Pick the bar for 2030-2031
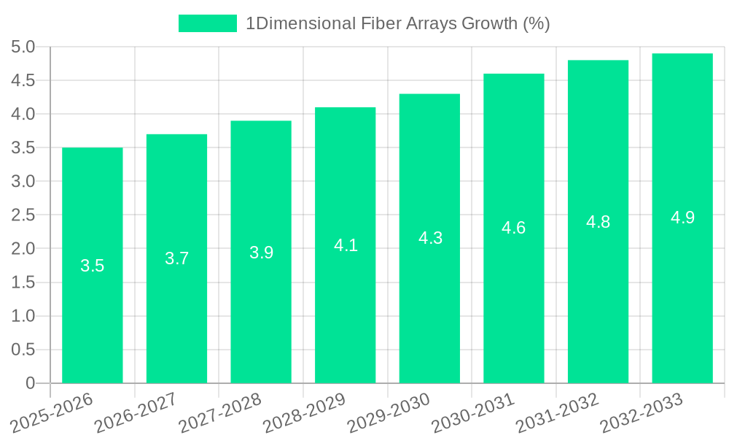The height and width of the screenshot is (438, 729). coord(513,307)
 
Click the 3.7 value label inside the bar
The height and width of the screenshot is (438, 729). coord(176,258)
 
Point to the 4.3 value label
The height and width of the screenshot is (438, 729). coord(430,238)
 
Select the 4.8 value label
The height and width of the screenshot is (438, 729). coord(599,222)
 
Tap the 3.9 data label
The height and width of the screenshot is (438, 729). coord(261,253)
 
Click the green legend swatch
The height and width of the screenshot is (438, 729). coord(208,23)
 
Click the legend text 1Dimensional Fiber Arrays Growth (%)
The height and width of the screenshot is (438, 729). coord(397,23)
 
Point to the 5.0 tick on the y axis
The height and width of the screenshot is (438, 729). coord(23,47)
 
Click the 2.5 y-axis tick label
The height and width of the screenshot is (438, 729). coord(23,215)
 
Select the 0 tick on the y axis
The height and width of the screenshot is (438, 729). coord(30,383)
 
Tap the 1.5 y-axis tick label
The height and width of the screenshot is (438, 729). coord(23,283)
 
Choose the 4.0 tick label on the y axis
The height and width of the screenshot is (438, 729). coord(23,115)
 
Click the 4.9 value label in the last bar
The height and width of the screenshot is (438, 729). coord(682,218)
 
